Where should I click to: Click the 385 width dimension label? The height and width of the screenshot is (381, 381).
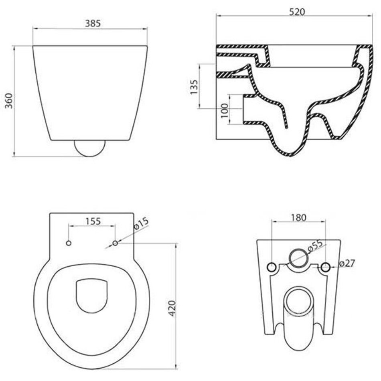pyautogui.click(x=93, y=23)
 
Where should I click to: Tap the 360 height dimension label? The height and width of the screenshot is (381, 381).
pyautogui.click(x=9, y=101)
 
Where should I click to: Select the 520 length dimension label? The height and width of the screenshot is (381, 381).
pyautogui.click(x=297, y=12)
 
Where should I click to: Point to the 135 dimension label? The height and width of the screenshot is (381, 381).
pyautogui.click(x=194, y=87)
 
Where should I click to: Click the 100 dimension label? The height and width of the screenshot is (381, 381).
pyautogui.click(x=225, y=111)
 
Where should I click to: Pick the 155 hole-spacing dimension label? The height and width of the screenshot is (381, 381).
pyautogui.click(x=93, y=221)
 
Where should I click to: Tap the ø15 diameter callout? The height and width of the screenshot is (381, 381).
pyautogui.click(x=141, y=223)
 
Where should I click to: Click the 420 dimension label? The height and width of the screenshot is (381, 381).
pyautogui.click(x=172, y=308)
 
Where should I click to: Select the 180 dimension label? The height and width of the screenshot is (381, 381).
pyautogui.click(x=298, y=217)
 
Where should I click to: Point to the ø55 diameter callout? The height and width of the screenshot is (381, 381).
pyautogui.click(x=315, y=246)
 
